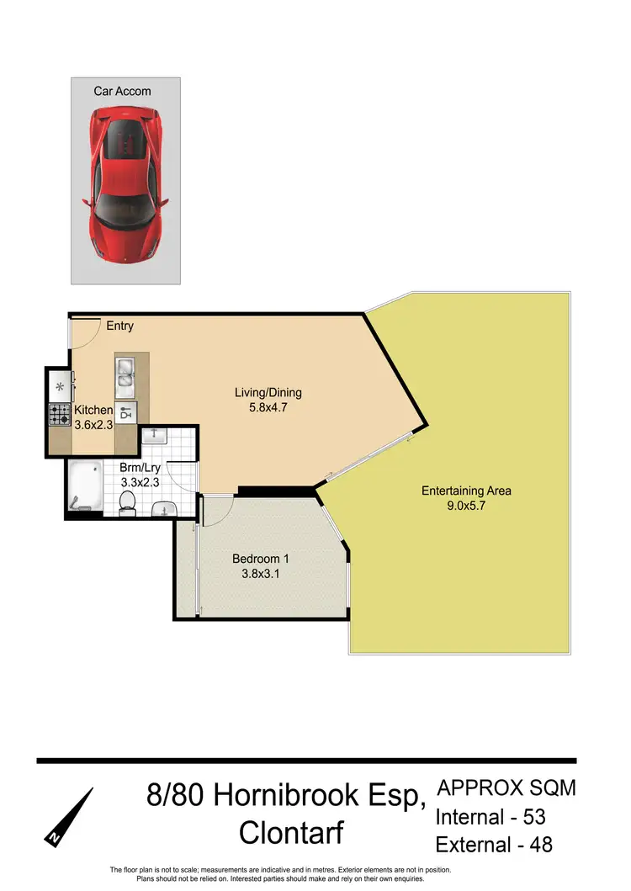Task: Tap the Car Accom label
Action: [x=123, y=91]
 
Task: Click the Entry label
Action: [x=119, y=326]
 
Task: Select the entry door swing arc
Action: [x=84, y=331]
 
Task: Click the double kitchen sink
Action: [x=125, y=373]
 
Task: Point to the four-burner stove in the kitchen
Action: [x=60, y=414]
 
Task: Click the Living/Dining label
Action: [x=268, y=393]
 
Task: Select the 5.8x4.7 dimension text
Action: [x=268, y=408]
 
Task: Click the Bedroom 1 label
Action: [x=261, y=560]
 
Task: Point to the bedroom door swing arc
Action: [x=216, y=507]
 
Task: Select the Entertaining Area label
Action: [x=466, y=491]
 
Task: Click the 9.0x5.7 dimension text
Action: [x=466, y=506]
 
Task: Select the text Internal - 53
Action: [x=494, y=816]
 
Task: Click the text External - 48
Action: [x=494, y=843]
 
